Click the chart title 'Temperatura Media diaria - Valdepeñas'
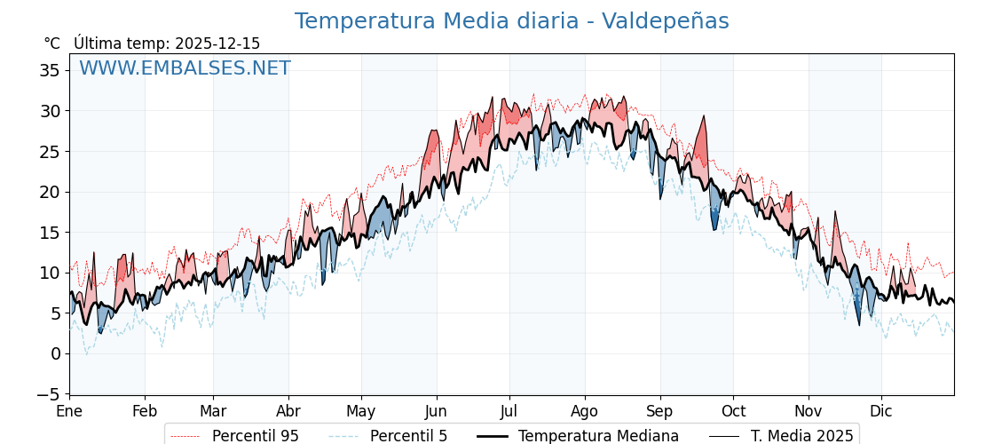[x=511, y=21]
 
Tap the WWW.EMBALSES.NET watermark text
[x=185, y=68]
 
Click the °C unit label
[x=51, y=44]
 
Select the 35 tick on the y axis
[x=50, y=70]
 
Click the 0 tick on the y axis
[x=56, y=353]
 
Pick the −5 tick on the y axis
[x=50, y=394]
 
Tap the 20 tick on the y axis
[x=50, y=192]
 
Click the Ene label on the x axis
[x=69, y=412]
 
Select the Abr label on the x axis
[x=288, y=412]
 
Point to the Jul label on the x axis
[x=509, y=412]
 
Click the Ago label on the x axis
[x=585, y=412]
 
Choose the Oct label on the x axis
[x=733, y=412]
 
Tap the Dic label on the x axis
[x=881, y=412]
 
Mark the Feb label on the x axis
[x=145, y=412]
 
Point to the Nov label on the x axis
[x=809, y=412]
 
